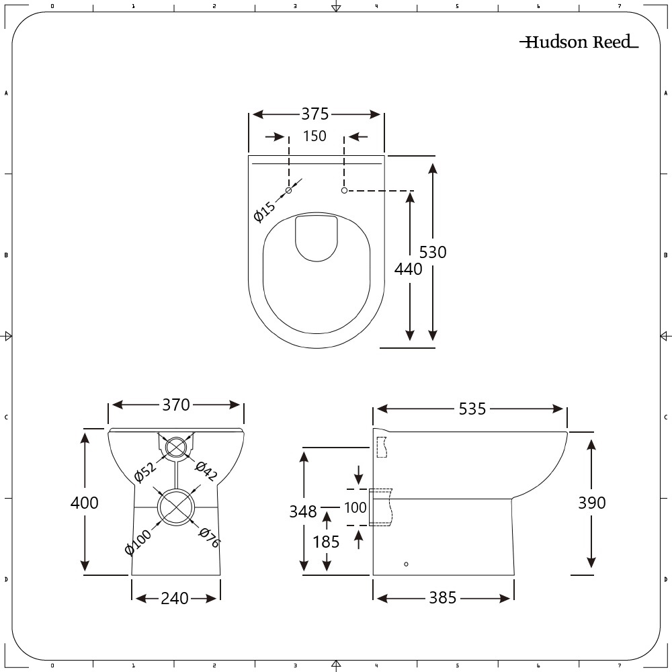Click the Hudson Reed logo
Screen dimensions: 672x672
coord(579,42)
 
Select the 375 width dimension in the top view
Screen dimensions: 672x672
coord(314,114)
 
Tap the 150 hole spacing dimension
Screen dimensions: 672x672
coord(314,136)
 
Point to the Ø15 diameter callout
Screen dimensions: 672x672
coord(265,211)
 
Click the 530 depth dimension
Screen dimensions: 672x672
coord(433,252)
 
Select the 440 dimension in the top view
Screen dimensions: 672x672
coord(409,269)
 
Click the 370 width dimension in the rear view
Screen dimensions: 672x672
coord(175,405)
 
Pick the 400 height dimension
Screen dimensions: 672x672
coord(85,503)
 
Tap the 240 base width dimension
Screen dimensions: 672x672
coord(175,598)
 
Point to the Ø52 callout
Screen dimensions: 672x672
coord(144,472)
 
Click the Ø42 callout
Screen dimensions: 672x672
coord(206,471)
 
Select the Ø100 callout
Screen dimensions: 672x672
coord(138,542)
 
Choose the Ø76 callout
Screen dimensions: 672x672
coord(210,538)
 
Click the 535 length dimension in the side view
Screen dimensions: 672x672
coord(472,409)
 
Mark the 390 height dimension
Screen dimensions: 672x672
coord(591,503)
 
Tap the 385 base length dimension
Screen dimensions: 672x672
coord(443,597)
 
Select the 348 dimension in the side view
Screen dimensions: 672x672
coord(303,512)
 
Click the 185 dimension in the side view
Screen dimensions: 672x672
coord(327,541)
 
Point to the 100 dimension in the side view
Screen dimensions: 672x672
coord(355,507)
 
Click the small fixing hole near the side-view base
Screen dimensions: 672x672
coord(406,564)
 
